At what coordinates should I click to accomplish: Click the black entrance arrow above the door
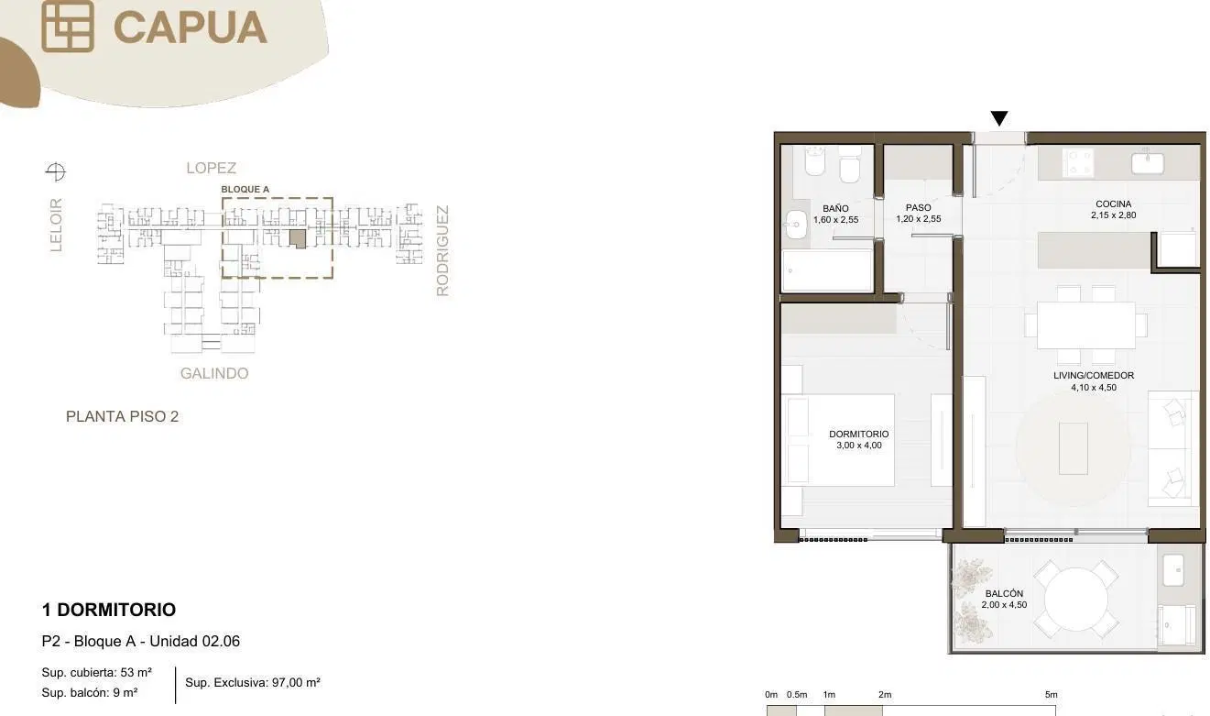[998, 118]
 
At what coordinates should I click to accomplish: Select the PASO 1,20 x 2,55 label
[919, 213]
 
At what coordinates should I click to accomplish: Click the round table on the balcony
[1076, 600]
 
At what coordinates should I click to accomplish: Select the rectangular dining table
[1086, 325]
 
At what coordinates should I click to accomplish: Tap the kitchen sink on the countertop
[1148, 163]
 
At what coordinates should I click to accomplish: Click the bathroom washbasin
[796, 225]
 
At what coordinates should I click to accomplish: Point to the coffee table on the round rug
[1074, 448]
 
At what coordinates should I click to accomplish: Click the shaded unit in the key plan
[298, 238]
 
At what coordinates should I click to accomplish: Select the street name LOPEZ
[212, 168]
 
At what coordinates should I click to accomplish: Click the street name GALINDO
[214, 373]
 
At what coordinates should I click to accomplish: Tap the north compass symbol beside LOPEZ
[55, 172]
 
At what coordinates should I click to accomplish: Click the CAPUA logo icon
[68, 26]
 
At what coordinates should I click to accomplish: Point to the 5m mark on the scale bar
[1051, 694]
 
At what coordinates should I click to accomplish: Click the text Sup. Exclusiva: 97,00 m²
[253, 682]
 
